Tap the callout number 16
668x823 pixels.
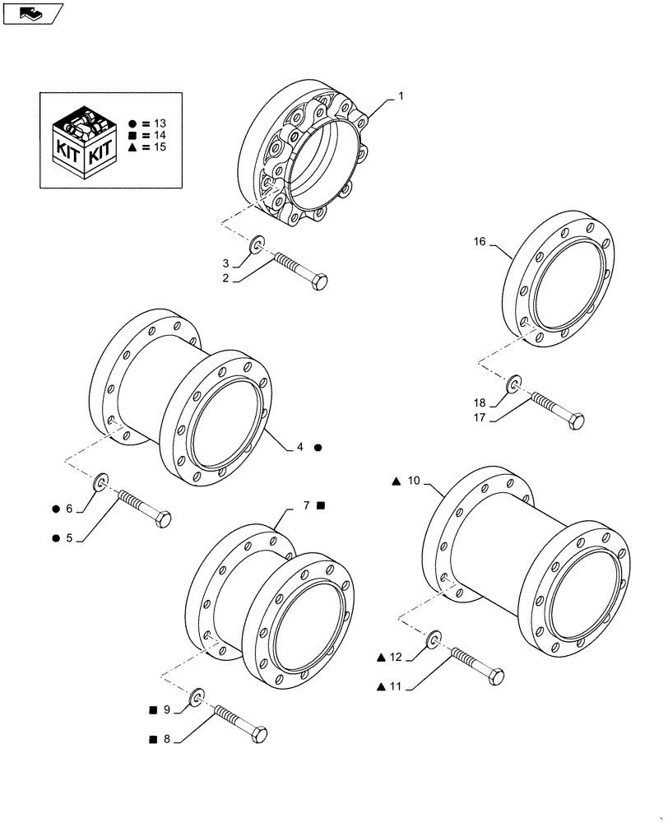coord(480,242)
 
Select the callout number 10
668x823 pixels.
coord(413,480)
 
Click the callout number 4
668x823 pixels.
coord(300,447)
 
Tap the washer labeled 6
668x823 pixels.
coord(103,481)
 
